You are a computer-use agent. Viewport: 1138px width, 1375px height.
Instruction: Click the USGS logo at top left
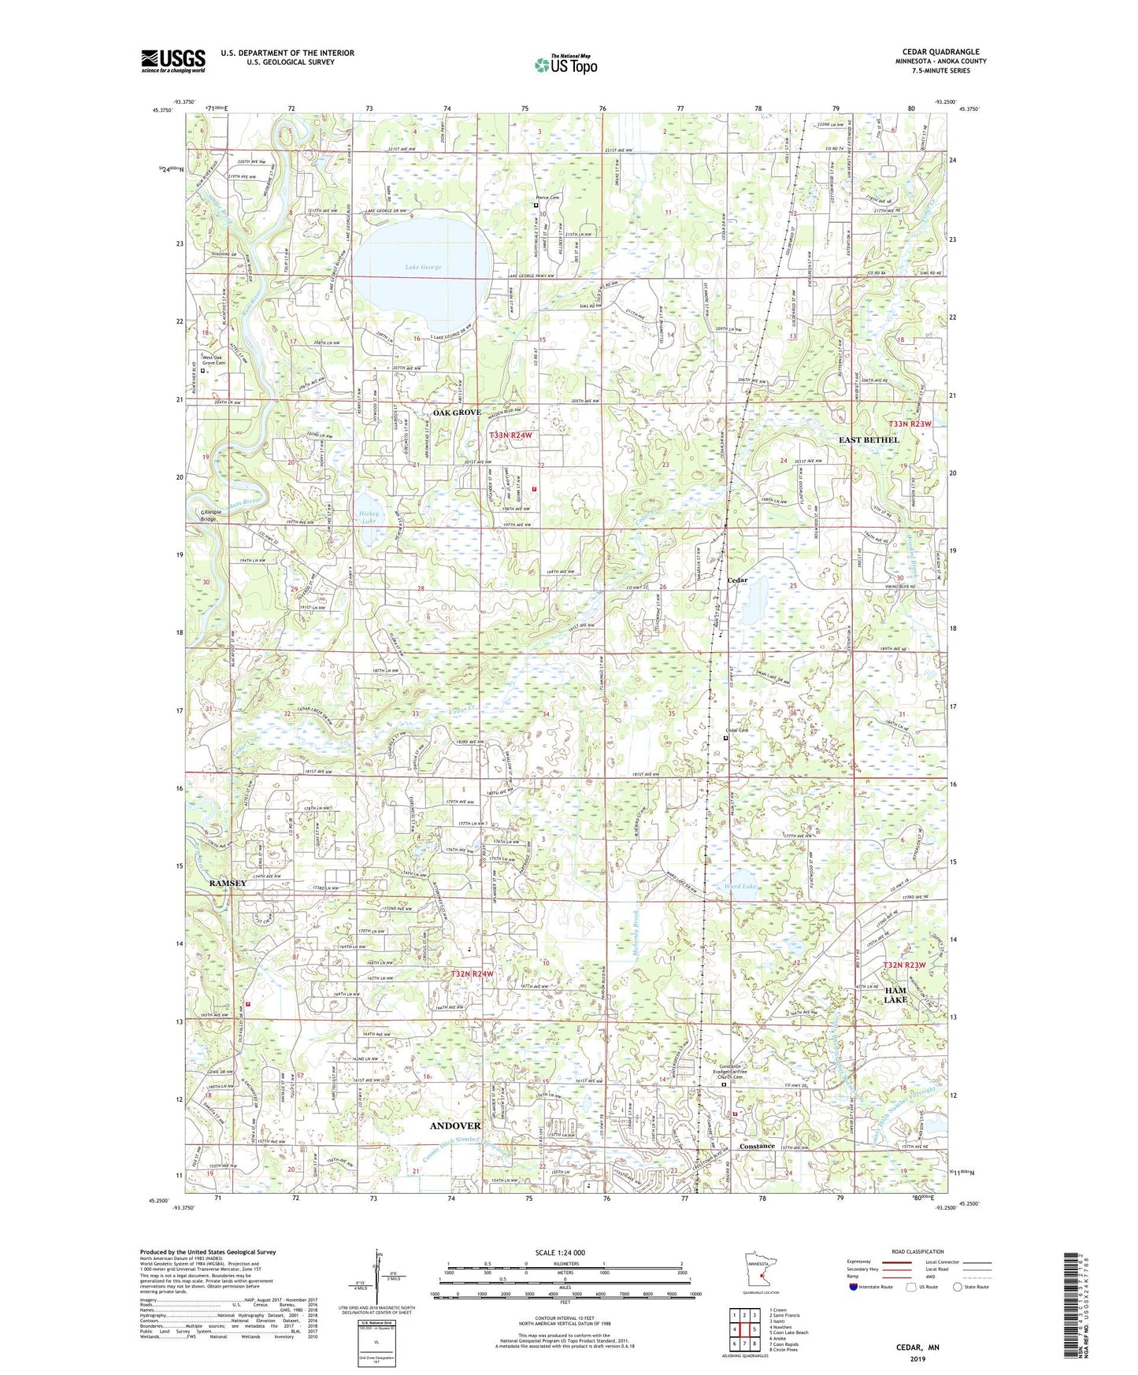tap(172, 61)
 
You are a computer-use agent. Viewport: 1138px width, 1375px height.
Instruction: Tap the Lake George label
tap(423, 267)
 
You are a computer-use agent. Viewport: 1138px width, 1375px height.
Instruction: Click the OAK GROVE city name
tap(457, 413)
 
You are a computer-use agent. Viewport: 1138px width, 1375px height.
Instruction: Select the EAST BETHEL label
tap(869, 439)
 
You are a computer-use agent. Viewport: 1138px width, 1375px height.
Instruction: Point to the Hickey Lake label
tap(369, 517)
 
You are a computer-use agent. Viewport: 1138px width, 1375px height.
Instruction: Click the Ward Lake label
tap(740, 886)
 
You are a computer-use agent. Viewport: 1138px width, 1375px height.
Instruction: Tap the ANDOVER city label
tap(455, 1126)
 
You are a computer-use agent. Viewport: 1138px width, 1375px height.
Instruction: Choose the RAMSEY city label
tap(228, 884)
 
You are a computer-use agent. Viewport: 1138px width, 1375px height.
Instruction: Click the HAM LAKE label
tap(895, 995)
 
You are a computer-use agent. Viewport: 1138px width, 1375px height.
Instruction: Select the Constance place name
tap(757, 1146)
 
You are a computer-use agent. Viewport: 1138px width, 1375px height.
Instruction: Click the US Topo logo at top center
tap(565, 65)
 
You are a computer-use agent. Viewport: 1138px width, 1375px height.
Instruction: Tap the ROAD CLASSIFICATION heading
tap(918, 1251)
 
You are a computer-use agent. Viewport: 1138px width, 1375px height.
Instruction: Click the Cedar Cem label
tap(736, 730)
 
